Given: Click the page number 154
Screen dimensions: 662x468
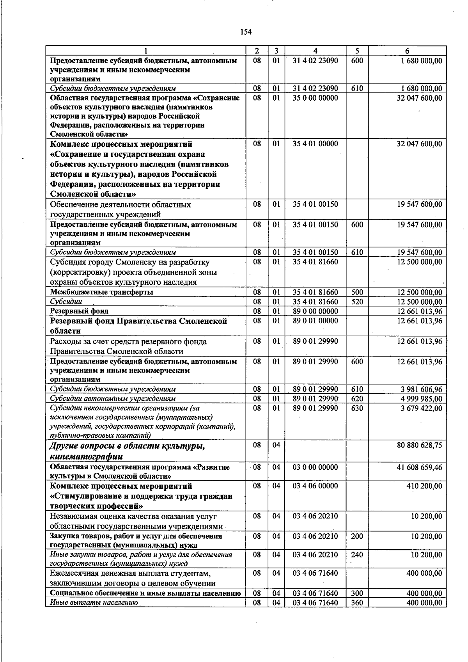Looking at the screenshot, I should tap(246, 32).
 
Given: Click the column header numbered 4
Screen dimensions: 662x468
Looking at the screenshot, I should tap(315, 51).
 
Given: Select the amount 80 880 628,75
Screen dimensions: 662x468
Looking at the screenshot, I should tap(419, 445).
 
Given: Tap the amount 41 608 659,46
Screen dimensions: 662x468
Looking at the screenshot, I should tap(419, 467).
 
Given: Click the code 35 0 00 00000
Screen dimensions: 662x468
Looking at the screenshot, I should tap(315, 98).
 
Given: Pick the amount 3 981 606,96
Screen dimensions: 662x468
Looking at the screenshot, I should tap(421, 389).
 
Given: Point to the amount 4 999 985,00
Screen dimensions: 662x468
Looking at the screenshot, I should tap(421, 399).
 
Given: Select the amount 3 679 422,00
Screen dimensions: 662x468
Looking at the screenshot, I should tap(421, 408).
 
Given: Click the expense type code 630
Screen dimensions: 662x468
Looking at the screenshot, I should tap(357, 408).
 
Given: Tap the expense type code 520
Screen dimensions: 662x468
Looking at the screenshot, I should tap(357, 302).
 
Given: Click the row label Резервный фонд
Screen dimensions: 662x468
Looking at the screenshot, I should tap(79, 311).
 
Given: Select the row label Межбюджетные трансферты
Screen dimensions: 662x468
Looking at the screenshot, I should tap(101, 292).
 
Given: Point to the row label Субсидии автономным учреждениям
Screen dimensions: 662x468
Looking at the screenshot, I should tap(113, 399).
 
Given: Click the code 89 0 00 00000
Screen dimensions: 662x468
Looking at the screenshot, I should tap(315, 311).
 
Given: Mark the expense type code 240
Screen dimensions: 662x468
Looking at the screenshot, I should tap(357, 554).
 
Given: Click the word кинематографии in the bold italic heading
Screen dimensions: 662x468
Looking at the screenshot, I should tap(86, 456).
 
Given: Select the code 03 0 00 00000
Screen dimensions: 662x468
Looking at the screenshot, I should tap(315, 467).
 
